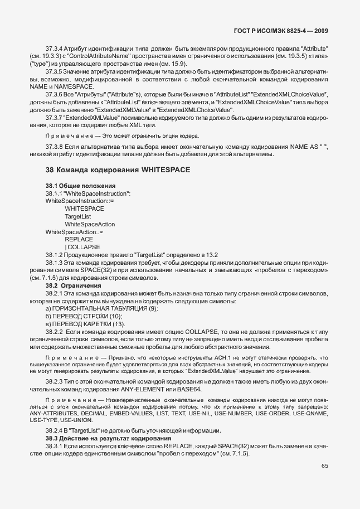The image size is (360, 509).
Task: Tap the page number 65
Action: tap(325, 482)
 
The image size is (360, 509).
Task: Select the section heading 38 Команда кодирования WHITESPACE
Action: tap(118, 169)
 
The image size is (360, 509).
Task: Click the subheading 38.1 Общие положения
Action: tap(80, 185)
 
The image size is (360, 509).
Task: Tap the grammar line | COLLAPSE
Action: tap(82, 246)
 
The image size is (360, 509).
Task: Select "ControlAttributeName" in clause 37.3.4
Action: tap(116, 57)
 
